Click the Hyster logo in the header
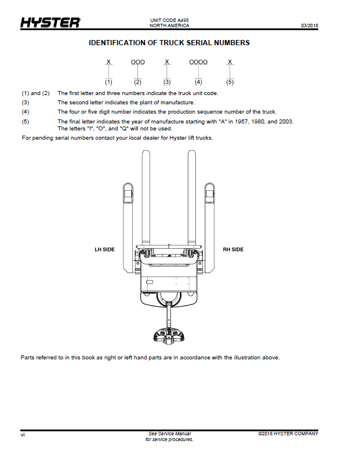(50, 23)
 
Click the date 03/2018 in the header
(310, 26)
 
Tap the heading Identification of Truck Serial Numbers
(169, 43)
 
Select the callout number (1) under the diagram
(109, 82)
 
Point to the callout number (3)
(167, 82)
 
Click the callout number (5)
(230, 82)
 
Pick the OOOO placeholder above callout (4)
(198, 62)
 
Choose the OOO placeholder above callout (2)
(138, 62)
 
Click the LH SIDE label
(104, 250)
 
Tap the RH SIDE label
(233, 250)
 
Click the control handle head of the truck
(169, 335)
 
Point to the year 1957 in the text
(241, 121)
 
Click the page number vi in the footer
(23, 435)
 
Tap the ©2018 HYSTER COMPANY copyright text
(288, 434)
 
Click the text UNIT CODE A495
(169, 20)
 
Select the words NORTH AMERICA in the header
(169, 26)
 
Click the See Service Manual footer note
(169, 434)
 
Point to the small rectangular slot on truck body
(150, 282)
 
